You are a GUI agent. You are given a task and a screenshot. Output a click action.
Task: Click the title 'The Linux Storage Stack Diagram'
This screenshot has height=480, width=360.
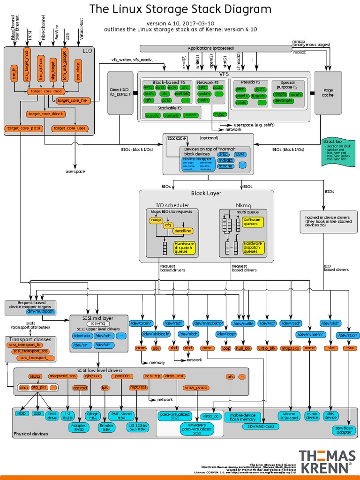(x=180, y=9)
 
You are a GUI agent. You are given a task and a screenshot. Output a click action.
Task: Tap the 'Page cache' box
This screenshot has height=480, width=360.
(x=328, y=92)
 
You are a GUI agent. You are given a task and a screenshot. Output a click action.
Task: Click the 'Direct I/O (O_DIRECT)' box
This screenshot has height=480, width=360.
(x=120, y=92)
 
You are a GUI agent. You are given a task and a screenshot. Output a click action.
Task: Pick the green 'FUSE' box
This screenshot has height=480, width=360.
(x=219, y=114)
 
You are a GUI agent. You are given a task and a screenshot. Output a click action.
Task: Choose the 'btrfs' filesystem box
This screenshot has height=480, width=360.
(x=149, y=94)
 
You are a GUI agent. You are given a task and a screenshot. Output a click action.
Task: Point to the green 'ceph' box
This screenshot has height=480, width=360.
(x=203, y=100)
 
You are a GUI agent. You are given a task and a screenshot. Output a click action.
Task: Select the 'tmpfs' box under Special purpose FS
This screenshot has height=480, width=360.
(x=280, y=94)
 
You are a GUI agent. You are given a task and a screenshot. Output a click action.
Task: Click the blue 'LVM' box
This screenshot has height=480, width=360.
(x=240, y=154)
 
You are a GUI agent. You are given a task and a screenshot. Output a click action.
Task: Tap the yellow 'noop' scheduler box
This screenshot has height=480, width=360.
(x=156, y=219)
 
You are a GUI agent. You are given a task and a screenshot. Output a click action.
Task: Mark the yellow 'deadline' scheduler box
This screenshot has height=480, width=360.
(x=182, y=231)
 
